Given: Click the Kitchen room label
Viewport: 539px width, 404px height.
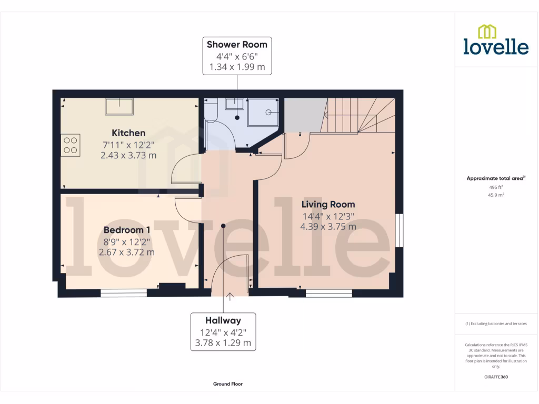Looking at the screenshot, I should point(128,133).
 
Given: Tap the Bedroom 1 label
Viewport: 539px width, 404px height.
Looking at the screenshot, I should point(127,230).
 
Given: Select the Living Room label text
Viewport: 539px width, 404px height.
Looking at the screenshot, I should point(328,204).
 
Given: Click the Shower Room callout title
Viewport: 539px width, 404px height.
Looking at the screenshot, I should point(237,44).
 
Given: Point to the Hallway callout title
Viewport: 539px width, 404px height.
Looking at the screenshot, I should point(223,320).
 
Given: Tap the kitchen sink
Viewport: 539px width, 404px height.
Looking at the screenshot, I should point(118,107).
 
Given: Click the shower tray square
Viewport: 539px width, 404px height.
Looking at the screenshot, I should point(265,112).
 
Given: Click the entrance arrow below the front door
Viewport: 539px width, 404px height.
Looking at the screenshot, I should point(229,296).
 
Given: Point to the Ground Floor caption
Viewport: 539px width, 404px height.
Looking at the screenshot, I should point(228,384).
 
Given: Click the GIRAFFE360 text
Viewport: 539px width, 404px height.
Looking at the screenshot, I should point(496,377).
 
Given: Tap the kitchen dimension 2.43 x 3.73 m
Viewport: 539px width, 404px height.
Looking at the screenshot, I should point(128,155).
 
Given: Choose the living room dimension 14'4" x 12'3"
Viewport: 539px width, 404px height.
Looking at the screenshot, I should point(328,216).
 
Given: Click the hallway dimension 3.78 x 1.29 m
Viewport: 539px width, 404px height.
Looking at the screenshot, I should point(223,344).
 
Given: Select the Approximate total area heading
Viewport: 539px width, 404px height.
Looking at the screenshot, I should point(495,178).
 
